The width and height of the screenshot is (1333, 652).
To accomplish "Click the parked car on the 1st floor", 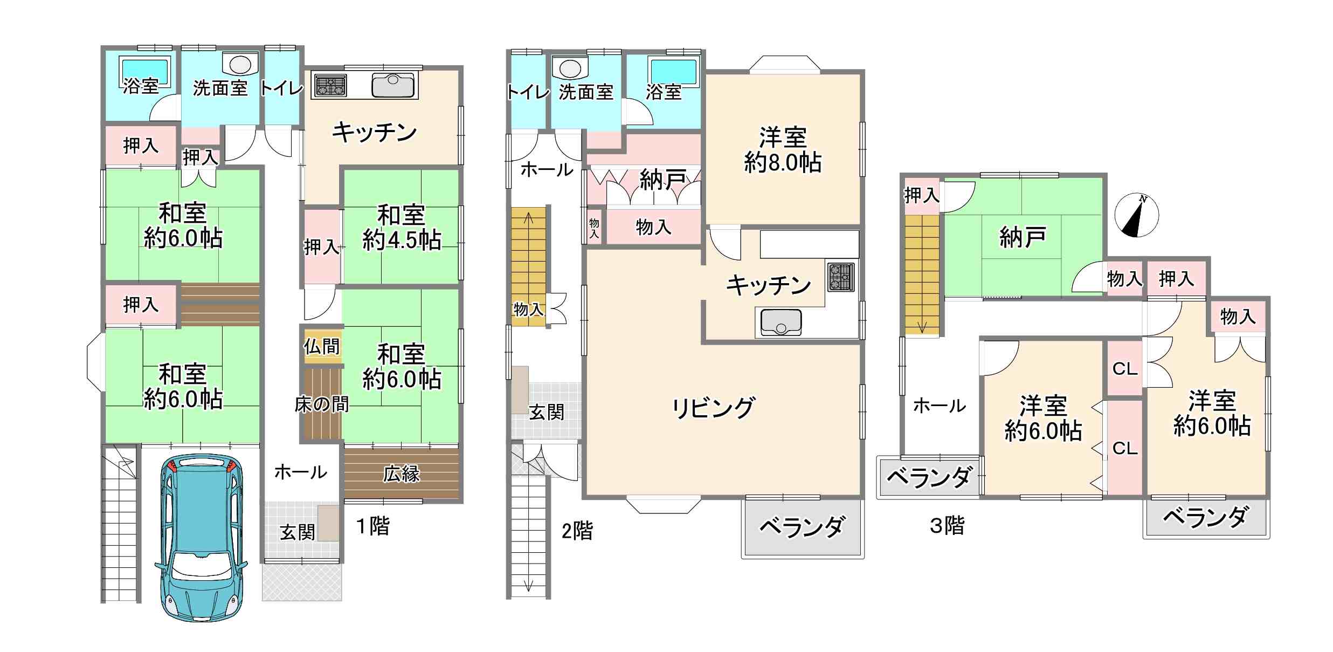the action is [x=201, y=538].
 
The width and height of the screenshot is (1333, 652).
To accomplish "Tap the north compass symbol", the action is [x=1136, y=215].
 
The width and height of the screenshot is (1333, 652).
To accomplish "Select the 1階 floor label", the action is [x=373, y=526].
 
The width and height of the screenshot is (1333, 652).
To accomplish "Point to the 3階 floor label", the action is [x=947, y=525].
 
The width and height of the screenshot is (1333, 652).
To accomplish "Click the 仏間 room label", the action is [x=322, y=346].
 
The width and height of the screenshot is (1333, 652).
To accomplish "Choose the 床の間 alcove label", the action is [x=321, y=404].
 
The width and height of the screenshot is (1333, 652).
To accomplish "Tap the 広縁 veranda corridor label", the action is [x=402, y=474].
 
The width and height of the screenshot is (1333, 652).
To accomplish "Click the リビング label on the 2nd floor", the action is [x=713, y=408].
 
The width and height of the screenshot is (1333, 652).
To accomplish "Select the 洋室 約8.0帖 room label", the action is [x=783, y=150].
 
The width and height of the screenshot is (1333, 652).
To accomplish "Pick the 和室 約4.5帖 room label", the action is [x=402, y=228].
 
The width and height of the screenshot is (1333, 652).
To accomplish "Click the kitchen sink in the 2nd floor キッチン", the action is [x=781, y=322].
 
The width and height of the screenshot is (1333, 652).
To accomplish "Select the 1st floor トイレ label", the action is [x=282, y=88].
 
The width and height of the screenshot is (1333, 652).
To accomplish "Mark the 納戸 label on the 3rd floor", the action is [x=1023, y=237].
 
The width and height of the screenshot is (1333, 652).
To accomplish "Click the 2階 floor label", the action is [x=577, y=531].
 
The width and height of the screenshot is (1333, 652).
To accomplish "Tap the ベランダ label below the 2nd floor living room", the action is [x=802, y=526].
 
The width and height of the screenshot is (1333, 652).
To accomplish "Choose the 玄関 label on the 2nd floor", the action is [x=547, y=412].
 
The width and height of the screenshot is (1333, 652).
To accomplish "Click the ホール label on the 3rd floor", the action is [x=940, y=406].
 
